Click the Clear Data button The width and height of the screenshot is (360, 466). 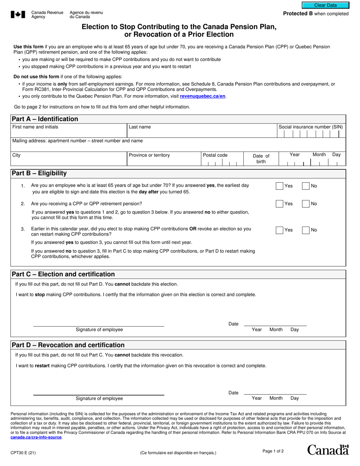tap(325, 5)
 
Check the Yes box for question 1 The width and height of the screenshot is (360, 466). tap(279, 186)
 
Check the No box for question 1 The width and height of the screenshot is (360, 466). tap(305, 186)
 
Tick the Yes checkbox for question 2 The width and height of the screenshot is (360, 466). tap(279, 204)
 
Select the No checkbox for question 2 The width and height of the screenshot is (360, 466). tap(305, 204)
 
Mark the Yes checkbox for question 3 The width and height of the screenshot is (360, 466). tap(279, 230)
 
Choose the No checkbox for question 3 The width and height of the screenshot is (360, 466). tap(305, 230)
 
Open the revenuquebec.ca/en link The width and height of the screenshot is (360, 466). tap(202, 96)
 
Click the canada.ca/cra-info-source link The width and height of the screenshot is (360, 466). tap(36, 437)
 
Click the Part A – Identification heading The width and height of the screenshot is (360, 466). tap(45, 119)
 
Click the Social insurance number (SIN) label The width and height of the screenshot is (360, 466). tap(310, 127)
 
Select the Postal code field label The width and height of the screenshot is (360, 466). tap(215, 155)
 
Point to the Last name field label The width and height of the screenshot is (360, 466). tap(139, 127)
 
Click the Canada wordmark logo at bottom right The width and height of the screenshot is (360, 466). tap(327, 450)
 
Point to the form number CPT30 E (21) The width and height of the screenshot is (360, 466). tap(23, 452)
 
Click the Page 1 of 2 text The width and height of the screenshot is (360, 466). tap(273, 451)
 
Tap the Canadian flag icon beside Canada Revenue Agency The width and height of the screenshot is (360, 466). tap(18, 15)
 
